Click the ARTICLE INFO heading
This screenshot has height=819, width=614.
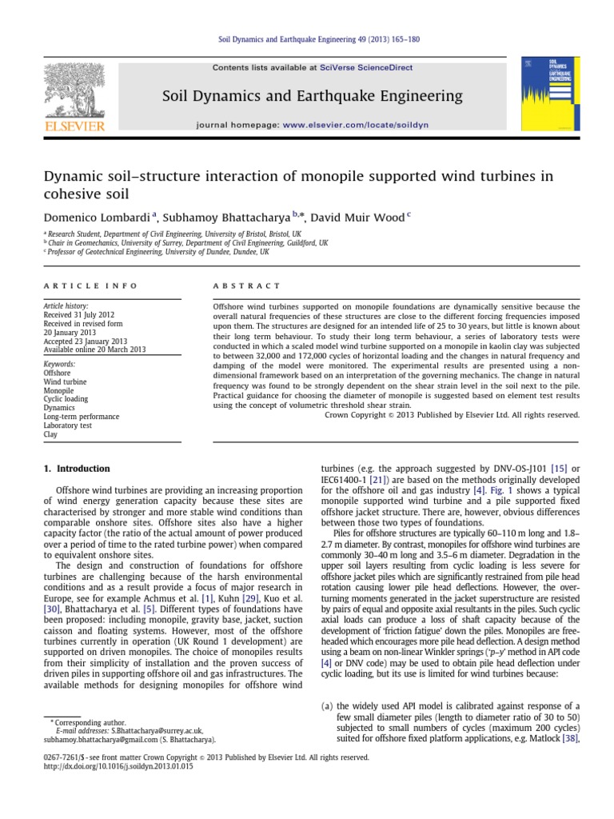click(x=90, y=286)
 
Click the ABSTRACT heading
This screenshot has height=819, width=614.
click(x=245, y=286)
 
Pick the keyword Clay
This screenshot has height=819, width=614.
click(x=52, y=434)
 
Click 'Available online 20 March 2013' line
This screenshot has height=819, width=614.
click(x=94, y=350)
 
